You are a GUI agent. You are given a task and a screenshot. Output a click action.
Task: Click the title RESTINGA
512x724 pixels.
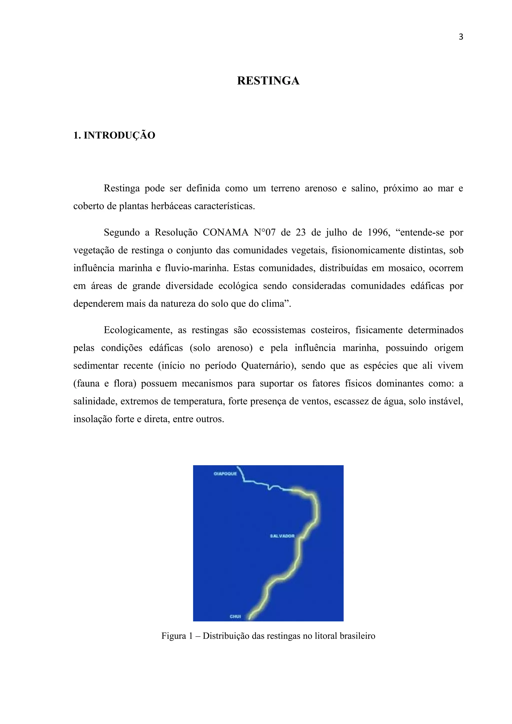268,81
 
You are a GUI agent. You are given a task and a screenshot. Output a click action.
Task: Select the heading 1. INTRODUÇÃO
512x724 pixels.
114,135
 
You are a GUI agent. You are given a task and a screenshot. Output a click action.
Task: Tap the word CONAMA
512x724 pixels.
225,232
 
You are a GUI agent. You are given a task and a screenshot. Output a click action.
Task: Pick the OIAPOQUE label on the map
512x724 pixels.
225,474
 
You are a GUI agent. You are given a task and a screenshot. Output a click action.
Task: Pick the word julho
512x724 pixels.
336,232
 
